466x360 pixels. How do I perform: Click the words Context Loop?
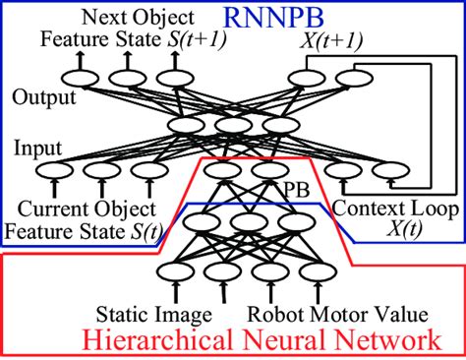coord(389,209)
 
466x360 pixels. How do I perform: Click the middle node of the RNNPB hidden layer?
coord(232,126)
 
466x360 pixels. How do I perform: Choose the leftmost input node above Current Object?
coord(53,173)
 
